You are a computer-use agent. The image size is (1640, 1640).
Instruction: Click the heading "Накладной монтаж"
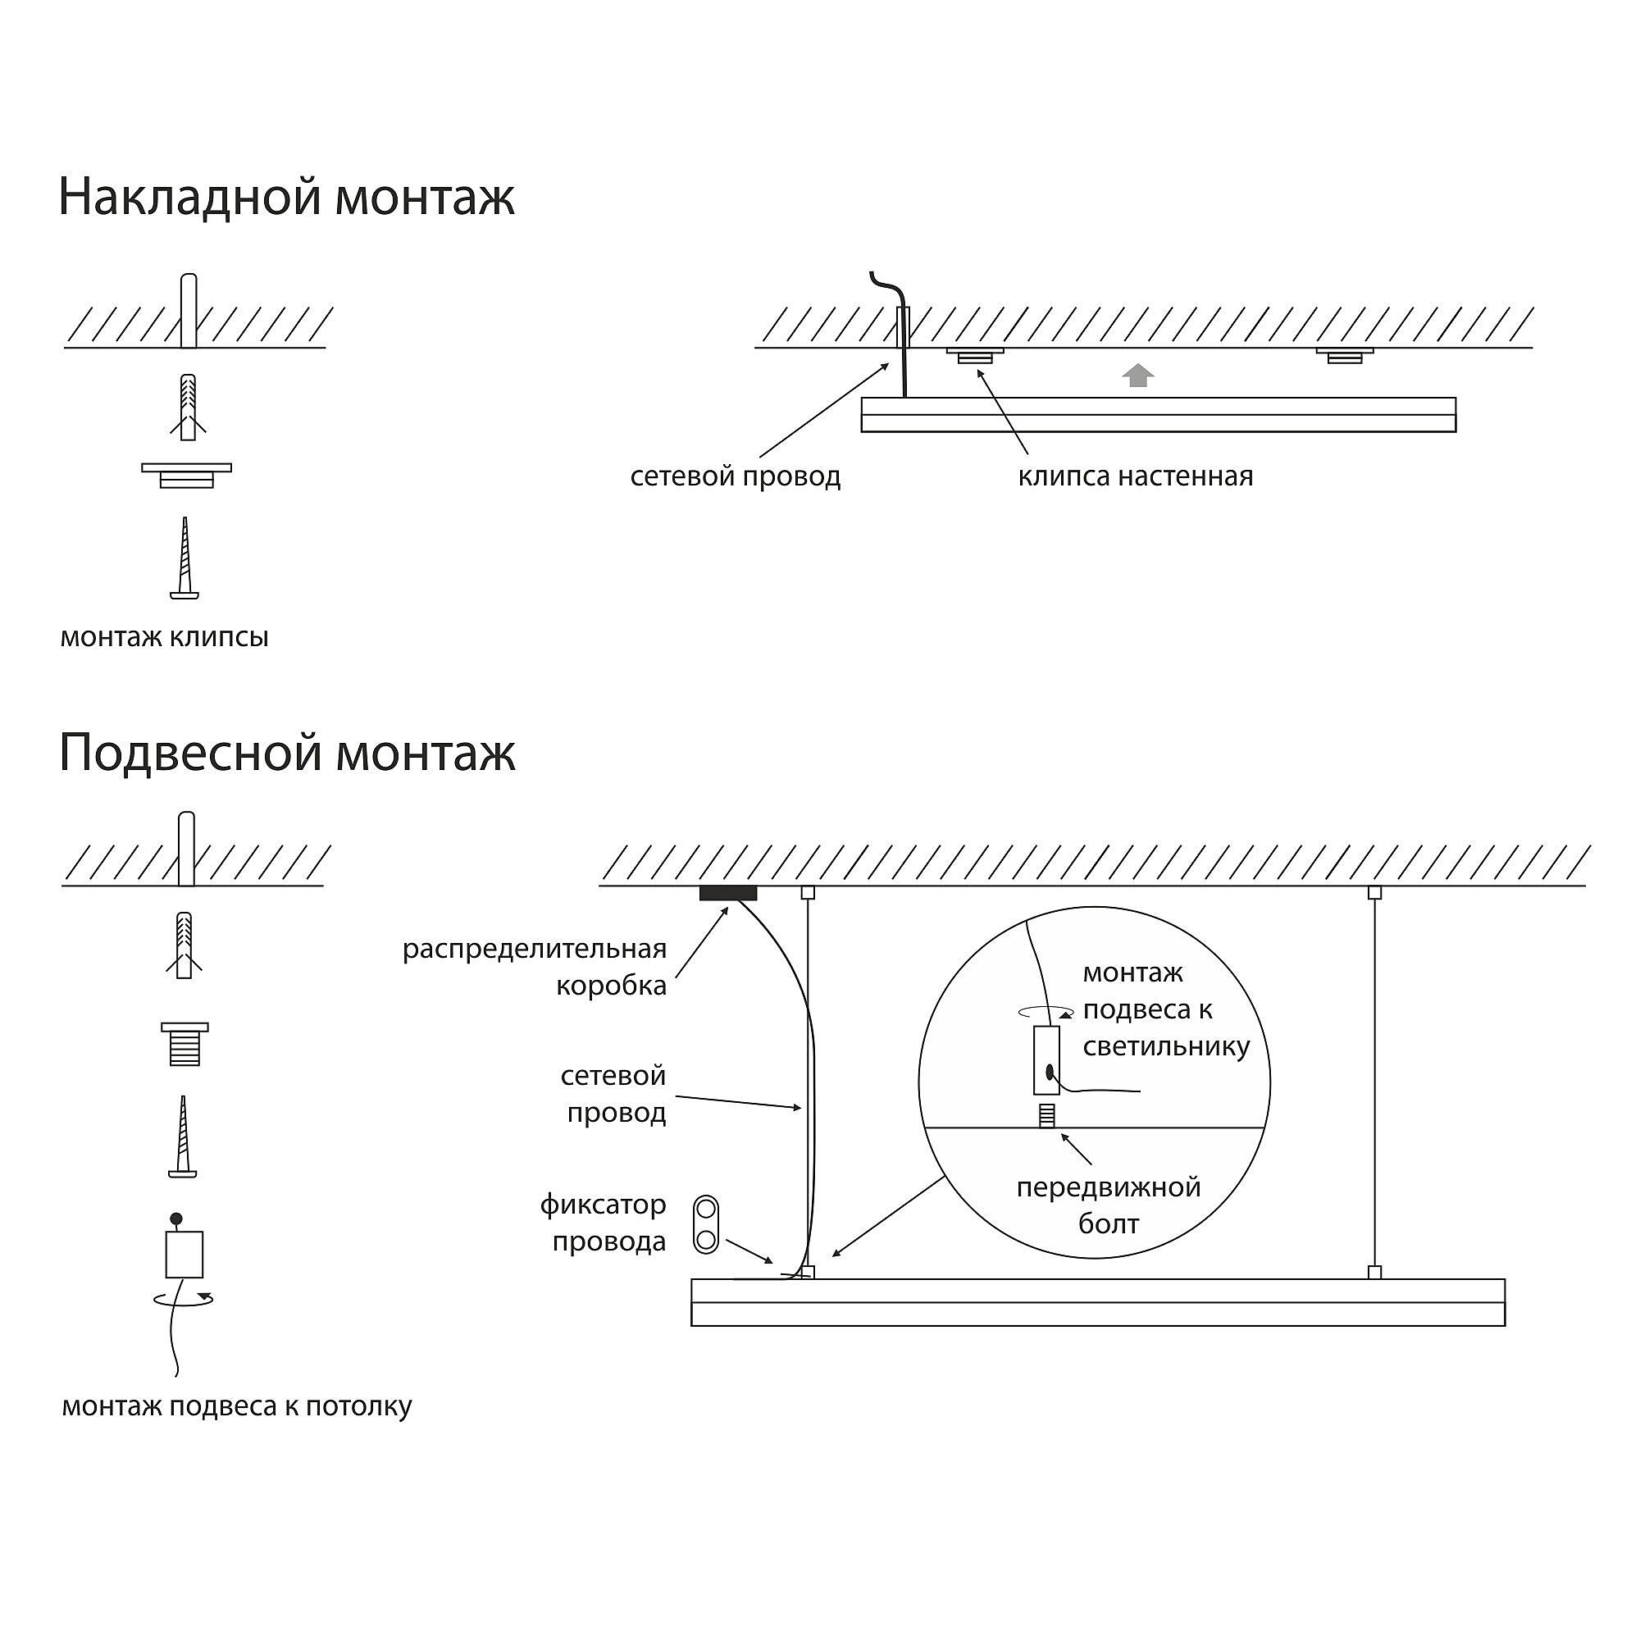pyautogui.click(x=286, y=197)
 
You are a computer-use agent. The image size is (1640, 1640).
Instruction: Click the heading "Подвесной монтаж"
pyautogui.click(x=287, y=752)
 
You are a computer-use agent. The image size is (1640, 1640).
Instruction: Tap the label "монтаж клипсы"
pyautogui.click(x=164, y=636)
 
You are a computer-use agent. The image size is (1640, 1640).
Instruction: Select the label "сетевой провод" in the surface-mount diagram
pyautogui.click(x=735, y=476)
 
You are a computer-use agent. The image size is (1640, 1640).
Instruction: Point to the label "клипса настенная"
pyautogui.click(x=1135, y=476)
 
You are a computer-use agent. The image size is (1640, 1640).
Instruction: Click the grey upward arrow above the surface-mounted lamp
pyautogui.click(x=1137, y=376)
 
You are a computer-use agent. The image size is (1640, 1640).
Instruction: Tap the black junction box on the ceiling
pyautogui.click(x=727, y=893)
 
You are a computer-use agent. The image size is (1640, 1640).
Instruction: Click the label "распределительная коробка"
pyautogui.click(x=535, y=967)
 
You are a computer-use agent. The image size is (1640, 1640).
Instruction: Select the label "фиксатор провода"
pyautogui.click(x=604, y=1223)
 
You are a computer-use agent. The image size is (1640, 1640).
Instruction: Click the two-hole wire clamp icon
pyautogui.click(x=705, y=1225)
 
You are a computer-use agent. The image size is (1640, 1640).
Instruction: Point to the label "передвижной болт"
pyautogui.click(x=1108, y=1205)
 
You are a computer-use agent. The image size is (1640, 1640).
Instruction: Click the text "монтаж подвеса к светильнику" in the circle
pyautogui.click(x=1165, y=1009)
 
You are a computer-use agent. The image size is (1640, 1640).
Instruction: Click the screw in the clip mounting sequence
pyautogui.click(x=184, y=558)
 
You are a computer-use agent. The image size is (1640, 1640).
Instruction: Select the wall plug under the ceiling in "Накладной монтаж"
pyautogui.click(x=189, y=407)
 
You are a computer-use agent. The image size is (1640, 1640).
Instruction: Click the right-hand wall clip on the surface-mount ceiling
pyautogui.click(x=1345, y=355)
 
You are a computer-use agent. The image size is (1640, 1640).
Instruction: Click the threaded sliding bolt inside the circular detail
pyautogui.click(x=1047, y=1115)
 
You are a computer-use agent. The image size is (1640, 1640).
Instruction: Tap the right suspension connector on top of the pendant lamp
pyautogui.click(x=1374, y=1273)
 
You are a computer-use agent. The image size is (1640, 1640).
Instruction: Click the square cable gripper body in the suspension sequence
pyautogui.click(x=184, y=1254)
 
